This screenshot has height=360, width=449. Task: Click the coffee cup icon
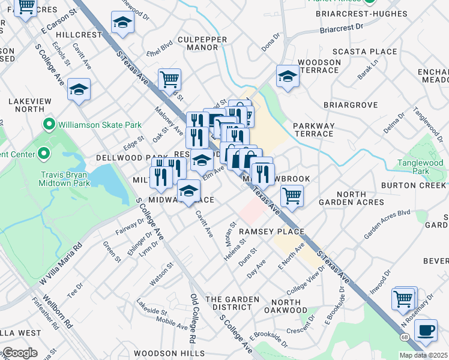coord(426,330)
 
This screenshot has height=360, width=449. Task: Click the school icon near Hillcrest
coord(122,23)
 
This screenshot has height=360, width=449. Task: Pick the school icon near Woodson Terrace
coord(288,77)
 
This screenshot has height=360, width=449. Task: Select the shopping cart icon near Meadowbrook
coord(292,196)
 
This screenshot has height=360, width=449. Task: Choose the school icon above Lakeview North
coord(79,89)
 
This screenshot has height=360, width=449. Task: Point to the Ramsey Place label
coord(271,232)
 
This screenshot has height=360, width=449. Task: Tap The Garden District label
coord(232,303)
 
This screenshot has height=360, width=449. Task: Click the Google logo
coord(19,353)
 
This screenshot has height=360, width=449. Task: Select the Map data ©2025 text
coord(423,355)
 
